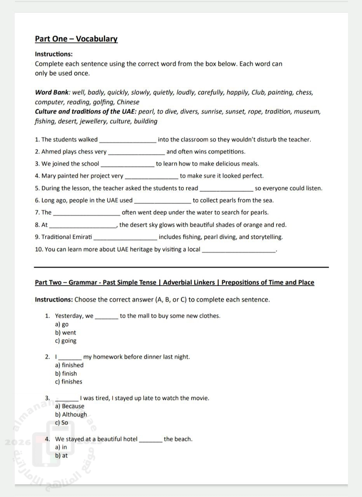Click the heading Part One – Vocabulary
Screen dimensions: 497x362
76,39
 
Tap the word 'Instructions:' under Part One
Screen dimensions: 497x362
54,54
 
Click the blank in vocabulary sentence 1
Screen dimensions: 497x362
128,140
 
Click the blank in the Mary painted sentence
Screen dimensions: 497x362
151,176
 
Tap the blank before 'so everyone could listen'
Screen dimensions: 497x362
226,189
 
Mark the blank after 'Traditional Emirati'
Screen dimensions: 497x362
125,237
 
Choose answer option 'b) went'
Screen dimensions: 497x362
66,333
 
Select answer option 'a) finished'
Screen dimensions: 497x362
69,365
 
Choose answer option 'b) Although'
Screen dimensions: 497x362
71,414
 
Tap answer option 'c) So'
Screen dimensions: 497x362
61,422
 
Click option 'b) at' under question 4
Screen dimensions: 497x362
61,455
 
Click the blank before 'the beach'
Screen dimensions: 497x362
151,440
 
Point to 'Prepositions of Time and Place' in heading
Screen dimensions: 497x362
268,282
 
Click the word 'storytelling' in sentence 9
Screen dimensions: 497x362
266,237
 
